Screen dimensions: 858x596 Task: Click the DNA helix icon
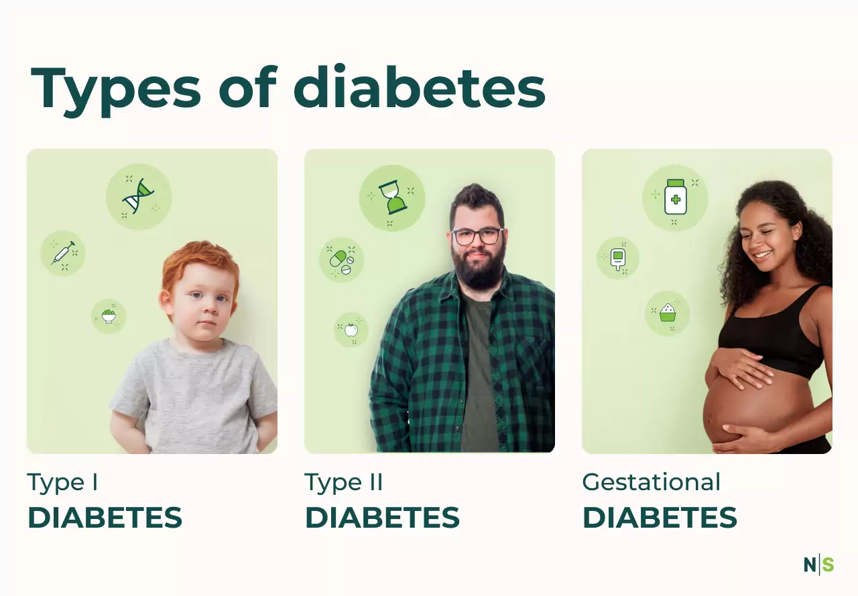[138, 196]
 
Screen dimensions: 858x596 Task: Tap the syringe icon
[63, 253]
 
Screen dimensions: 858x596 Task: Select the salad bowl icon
[109, 316]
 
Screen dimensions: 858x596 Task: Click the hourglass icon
[392, 197]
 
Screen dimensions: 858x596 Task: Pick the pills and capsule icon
[342, 262]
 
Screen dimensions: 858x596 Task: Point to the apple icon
[351, 329]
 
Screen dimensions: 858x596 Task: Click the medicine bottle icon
[675, 197]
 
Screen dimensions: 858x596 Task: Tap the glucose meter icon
[618, 259]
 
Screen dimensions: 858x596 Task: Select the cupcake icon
[668, 313]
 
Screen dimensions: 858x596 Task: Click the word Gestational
[651, 481]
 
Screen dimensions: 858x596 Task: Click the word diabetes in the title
[420, 88]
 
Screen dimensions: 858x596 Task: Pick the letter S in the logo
[828, 565]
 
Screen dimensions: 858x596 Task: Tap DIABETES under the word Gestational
[660, 518]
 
